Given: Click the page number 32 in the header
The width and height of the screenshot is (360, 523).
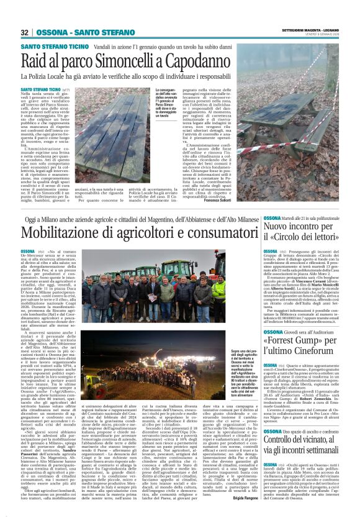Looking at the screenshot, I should [24, 32].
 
